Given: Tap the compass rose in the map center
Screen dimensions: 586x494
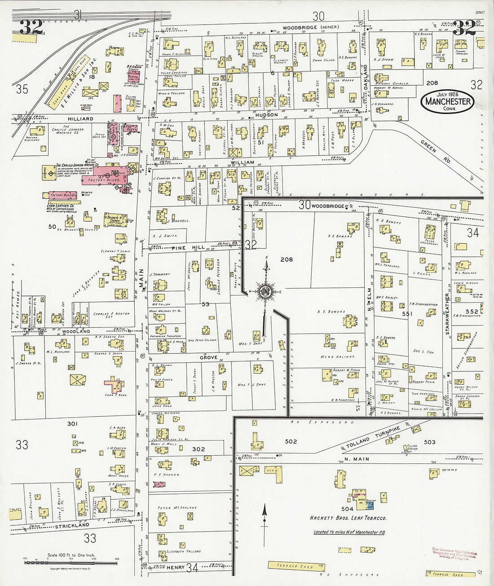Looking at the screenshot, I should [266, 291].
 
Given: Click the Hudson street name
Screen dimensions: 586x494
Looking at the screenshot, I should [267, 115].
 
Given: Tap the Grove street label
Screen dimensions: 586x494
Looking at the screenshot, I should [208, 357].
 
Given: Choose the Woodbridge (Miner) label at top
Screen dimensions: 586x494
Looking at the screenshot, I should [311, 27].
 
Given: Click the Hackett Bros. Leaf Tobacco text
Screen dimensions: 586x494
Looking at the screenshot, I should [348, 518].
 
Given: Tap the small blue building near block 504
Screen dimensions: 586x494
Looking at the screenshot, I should [370, 506].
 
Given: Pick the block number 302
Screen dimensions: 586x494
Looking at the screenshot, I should [198, 449].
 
